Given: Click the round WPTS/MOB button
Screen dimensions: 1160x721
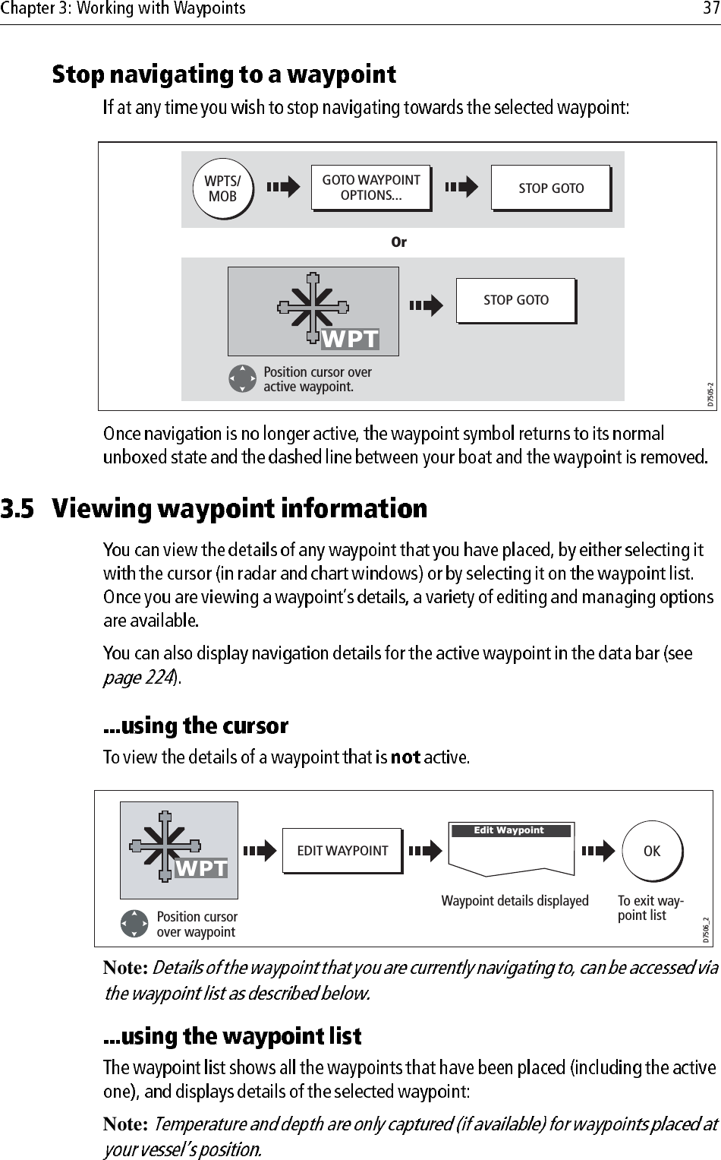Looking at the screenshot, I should coord(222,188).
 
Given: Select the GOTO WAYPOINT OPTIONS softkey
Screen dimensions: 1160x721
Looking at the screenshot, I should coord(370,188).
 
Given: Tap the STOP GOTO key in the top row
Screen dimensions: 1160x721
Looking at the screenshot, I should coord(551,188).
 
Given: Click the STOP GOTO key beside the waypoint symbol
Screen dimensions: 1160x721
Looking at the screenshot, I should coord(516,300).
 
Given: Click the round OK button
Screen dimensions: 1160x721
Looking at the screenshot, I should coord(652,852).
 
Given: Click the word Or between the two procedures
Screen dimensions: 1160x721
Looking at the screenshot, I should coord(398,242).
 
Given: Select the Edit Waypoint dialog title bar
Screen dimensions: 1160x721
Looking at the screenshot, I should coord(510,830).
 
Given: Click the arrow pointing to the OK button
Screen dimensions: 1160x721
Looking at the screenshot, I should coord(598,852).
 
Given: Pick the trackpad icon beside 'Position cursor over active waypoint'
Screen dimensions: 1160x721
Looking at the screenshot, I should coord(242,378).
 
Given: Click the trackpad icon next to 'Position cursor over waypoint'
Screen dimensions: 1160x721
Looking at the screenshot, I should coord(134,923).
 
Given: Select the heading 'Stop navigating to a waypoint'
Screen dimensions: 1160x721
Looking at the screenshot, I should coord(224,74).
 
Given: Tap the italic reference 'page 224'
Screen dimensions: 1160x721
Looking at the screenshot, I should coord(139,677).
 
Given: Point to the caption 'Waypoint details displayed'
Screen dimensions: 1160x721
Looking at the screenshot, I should coord(515,901).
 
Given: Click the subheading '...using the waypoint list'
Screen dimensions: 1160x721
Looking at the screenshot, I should coord(232,1036).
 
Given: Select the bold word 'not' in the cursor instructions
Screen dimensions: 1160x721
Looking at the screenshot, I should coord(405,757).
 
